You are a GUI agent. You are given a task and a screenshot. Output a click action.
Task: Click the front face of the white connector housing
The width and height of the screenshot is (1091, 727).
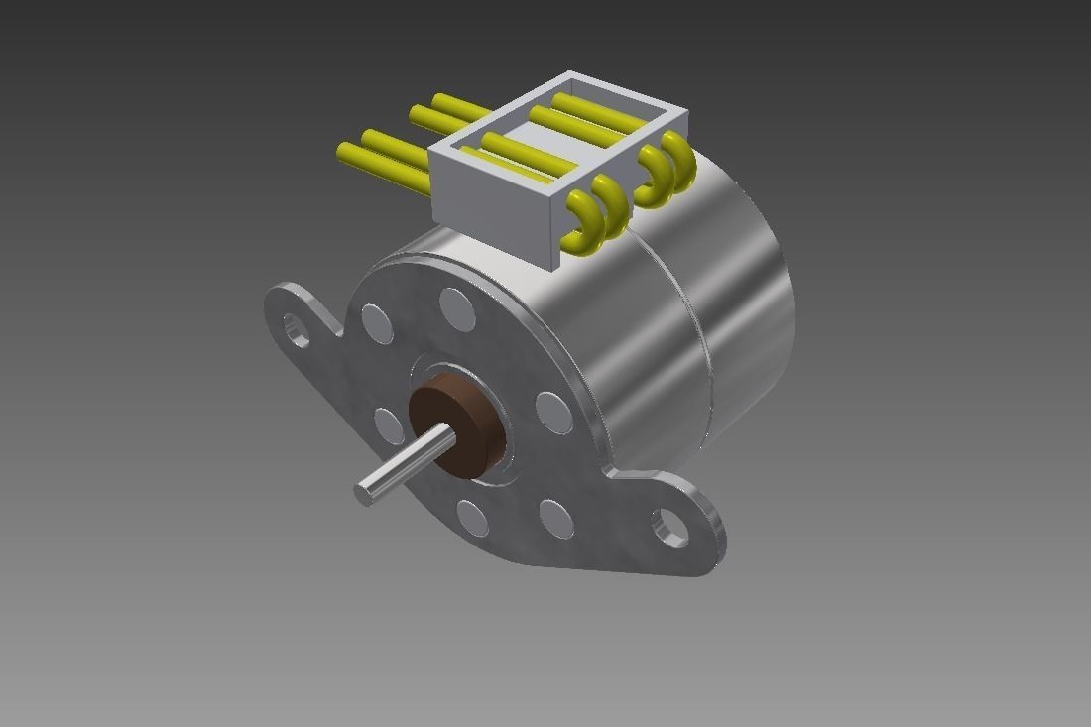pyautogui.click(x=494, y=215)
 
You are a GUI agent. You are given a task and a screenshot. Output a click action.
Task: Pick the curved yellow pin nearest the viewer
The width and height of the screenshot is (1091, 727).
pyautogui.click(x=580, y=220)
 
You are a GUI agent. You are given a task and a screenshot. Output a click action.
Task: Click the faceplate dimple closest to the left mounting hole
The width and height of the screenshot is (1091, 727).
pyautogui.click(x=377, y=323)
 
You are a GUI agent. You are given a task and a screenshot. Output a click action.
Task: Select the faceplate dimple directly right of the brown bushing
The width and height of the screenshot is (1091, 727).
pyautogui.click(x=553, y=413)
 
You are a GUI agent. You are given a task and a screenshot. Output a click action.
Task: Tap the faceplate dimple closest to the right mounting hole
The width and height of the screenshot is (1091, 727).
pyautogui.click(x=556, y=519)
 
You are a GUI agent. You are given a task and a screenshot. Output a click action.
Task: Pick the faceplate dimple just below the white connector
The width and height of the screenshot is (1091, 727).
pyautogui.click(x=457, y=308)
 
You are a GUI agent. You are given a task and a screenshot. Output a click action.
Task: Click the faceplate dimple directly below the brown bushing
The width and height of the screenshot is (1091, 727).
pyautogui.click(x=473, y=518)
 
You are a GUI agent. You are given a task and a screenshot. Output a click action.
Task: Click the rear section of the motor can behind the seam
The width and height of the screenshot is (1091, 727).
pyautogui.click(x=749, y=298)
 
